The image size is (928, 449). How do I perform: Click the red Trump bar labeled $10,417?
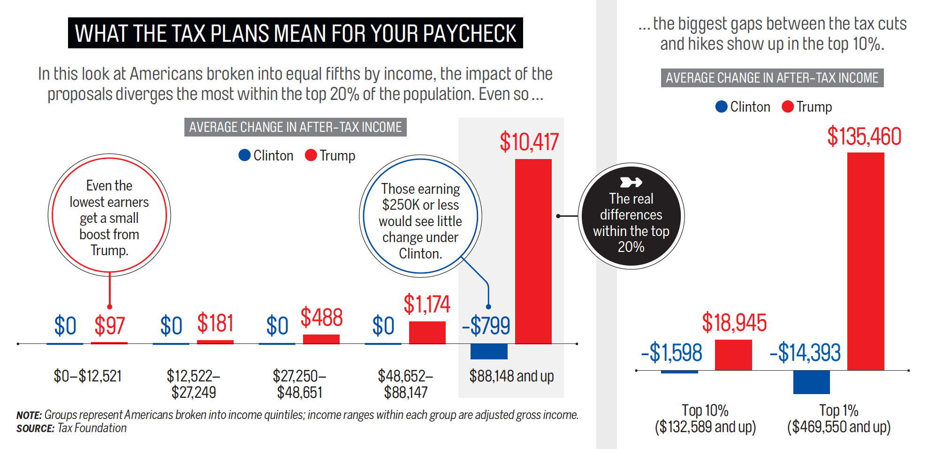[533, 251]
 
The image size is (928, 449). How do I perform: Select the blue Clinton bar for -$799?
[489, 351]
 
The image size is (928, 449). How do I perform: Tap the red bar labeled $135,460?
[866, 261]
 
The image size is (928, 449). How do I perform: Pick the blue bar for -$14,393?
[811, 382]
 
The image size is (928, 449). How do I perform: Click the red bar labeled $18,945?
[733, 355]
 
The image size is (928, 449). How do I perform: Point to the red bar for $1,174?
[427, 333]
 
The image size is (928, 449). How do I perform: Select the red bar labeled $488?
[321, 339]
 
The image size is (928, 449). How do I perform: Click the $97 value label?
[109, 326]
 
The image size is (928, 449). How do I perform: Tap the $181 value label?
[215, 323]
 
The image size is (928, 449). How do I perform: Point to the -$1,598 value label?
[671, 353]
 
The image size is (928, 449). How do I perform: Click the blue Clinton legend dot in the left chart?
[244, 155]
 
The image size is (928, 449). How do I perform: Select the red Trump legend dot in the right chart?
[788, 107]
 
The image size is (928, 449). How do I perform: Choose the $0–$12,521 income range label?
[88, 376]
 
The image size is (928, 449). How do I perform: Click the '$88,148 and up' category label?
[511, 376]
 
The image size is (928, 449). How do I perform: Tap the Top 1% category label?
[838, 411]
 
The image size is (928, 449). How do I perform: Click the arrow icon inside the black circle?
[631, 182]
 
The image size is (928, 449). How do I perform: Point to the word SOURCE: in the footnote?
[35, 428]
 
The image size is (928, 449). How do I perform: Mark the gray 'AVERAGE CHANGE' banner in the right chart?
[772, 78]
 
